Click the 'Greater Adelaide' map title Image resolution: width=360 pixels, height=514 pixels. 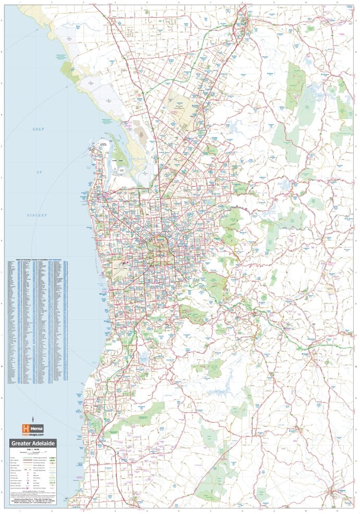[33, 444]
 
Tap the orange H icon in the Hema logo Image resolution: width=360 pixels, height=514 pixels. [25, 428]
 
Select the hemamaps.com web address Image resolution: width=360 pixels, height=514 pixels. [32, 434]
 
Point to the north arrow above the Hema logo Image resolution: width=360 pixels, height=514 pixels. [32, 419]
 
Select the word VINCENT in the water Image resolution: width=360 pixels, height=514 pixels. [37, 215]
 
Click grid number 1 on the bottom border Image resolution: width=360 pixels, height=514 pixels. [19, 511]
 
